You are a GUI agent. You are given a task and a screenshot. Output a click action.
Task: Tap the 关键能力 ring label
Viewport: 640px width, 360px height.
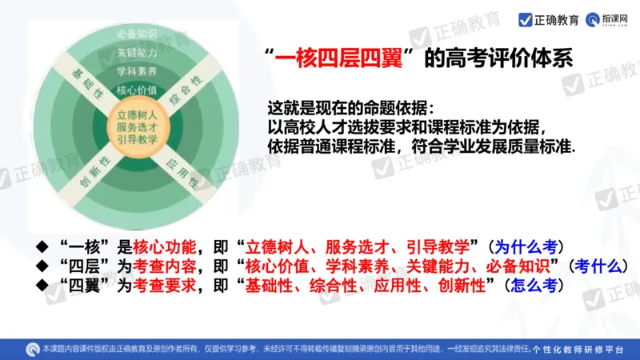[x=137, y=53]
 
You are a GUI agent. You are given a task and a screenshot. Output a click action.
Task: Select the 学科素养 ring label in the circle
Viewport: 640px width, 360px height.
[x=137, y=70]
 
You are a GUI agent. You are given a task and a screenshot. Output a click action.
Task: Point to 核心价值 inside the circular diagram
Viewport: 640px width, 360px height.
[x=137, y=89]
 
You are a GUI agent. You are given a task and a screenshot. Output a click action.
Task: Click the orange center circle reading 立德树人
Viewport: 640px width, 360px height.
[x=137, y=126]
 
